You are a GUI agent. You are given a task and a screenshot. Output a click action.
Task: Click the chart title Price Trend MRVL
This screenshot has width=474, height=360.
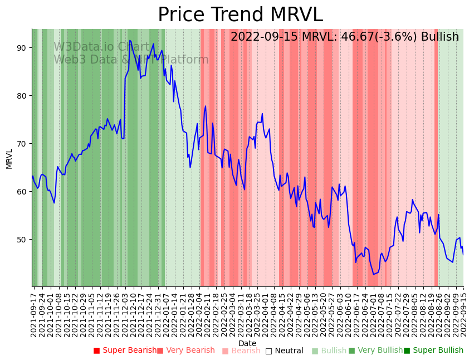click(x=240, y=15)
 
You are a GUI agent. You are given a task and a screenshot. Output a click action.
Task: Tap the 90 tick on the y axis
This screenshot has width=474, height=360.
click(x=22, y=48)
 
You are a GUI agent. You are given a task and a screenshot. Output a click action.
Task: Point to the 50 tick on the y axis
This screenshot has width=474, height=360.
click(x=22, y=240)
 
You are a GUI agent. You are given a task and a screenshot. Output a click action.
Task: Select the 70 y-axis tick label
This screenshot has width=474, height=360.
click(x=22, y=144)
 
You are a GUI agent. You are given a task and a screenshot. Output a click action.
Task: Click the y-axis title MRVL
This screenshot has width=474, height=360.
click(x=9, y=158)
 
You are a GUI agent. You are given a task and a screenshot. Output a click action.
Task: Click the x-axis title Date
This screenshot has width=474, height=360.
click(x=247, y=343)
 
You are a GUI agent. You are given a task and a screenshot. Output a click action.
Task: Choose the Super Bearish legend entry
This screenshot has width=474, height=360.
click(x=125, y=351)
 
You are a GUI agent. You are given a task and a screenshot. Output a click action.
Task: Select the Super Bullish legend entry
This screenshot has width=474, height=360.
click(x=433, y=351)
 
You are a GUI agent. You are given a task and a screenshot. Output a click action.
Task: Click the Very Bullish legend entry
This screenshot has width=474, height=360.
click(x=375, y=351)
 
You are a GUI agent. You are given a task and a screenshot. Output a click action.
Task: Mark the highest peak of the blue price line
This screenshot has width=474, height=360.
click(x=130, y=40)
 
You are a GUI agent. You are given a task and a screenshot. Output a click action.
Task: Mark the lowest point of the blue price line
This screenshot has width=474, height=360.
click(x=374, y=274)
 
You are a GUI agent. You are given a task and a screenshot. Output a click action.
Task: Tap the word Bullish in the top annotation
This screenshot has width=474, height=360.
click(x=440, y=37)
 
